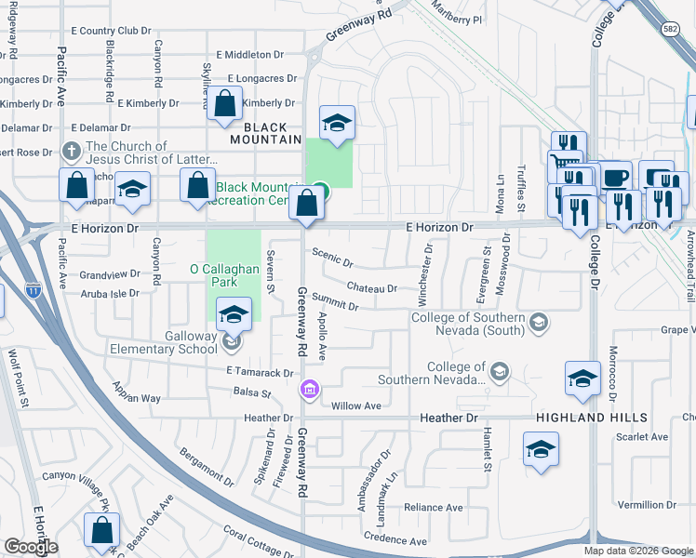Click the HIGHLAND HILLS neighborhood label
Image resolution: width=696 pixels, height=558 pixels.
(590, 418)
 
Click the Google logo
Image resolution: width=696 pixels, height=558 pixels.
(31, 547)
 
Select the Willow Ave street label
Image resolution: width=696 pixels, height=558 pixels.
(357, 405)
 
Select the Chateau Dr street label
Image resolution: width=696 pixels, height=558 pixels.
(372, 288)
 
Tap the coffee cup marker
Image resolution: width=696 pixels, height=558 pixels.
(614, 176)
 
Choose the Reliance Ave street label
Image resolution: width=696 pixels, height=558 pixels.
(433, 508)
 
